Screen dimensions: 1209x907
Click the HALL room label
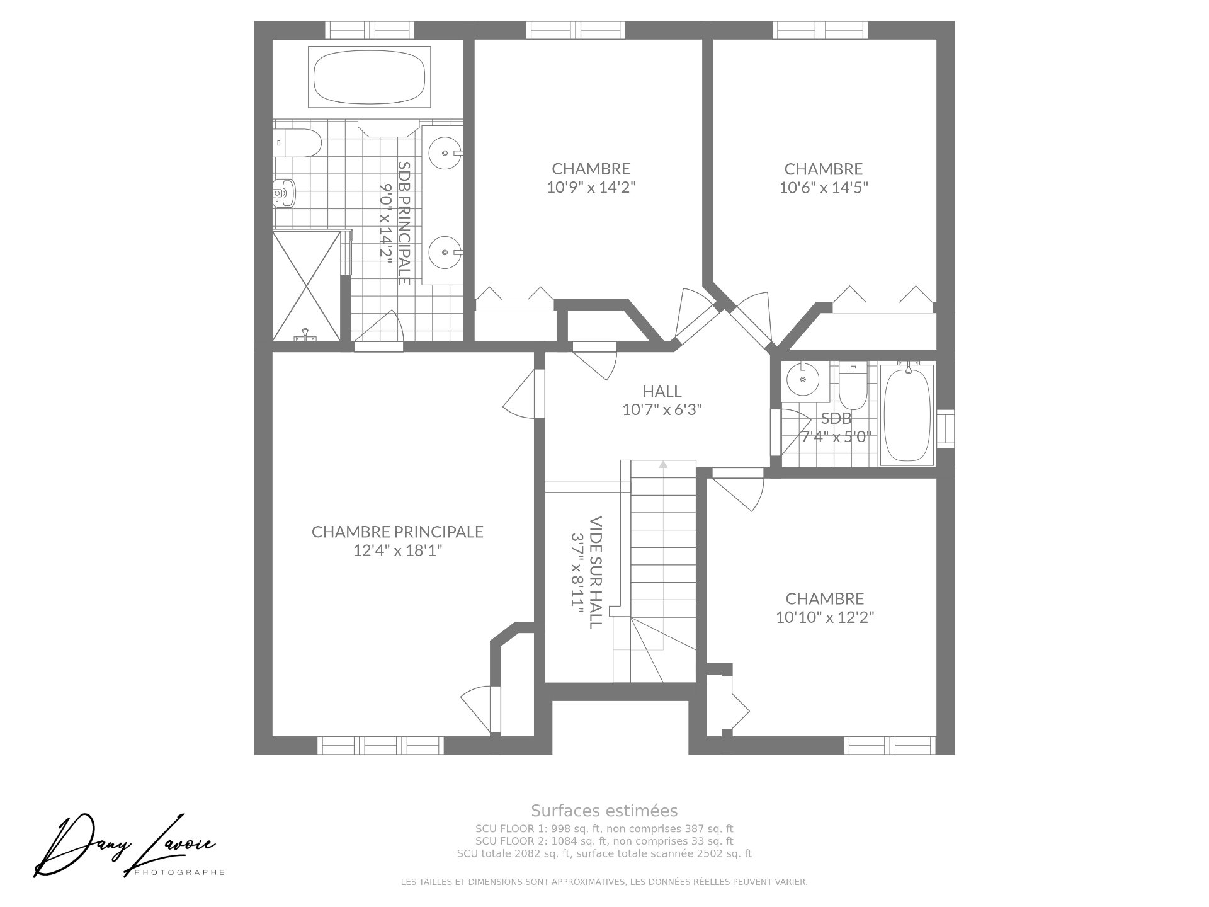coord(662,391)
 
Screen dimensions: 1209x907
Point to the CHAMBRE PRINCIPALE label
coord(397,532)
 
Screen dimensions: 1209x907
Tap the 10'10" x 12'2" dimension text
coord(825,617)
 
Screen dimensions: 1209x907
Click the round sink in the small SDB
coord(802,379)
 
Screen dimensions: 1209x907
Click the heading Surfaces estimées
coord(604,810)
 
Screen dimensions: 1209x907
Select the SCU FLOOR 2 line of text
coord(604,841)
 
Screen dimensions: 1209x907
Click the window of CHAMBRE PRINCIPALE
coord(380,745)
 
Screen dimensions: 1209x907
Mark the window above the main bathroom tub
coord(370,30)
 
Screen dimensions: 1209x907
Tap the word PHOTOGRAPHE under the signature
coord(180,872)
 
